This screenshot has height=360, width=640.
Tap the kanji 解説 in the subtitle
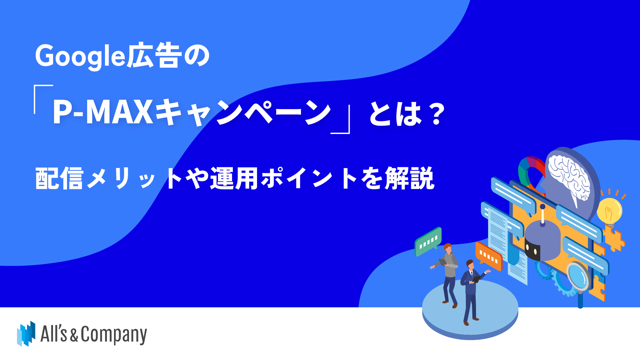(x=410, y=178)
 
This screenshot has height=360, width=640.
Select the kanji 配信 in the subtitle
(x=59, y=178)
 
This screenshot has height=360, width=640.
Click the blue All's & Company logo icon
(x=26, y=333)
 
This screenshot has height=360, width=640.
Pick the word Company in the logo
(x=114, y=334)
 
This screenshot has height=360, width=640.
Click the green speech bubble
(x=428, y=241)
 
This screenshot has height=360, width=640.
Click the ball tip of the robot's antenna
(x=542, y=207)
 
